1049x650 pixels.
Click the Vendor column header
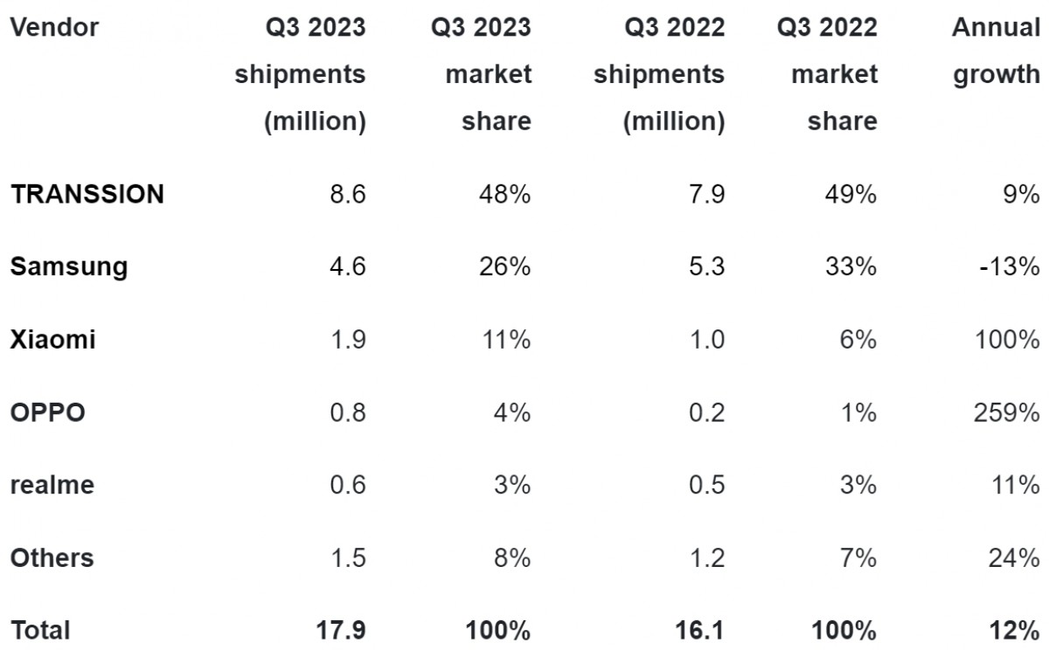click(x=54, y=28)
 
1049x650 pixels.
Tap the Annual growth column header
click(x=996, y=51)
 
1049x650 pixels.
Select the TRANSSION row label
click(x=87, y=194)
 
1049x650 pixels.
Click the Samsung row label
click(x=69, y=266)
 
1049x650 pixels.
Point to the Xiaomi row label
click(x=53, y=339)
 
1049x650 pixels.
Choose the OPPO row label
click(x=48, y=411)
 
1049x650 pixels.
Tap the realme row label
click(x=52, y=484)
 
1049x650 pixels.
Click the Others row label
click(x=52, y=557)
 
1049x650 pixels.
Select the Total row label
click(x=40, y=629)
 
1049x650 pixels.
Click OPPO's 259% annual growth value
click(x=1006, y=411)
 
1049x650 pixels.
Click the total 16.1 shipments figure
click(x=700, y=629)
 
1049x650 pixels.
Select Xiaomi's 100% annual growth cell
click(x=1006, y=339)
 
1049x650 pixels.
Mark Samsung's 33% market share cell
click(x=851, y=266)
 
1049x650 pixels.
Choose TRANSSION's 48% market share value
click(x=506, y=194)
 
